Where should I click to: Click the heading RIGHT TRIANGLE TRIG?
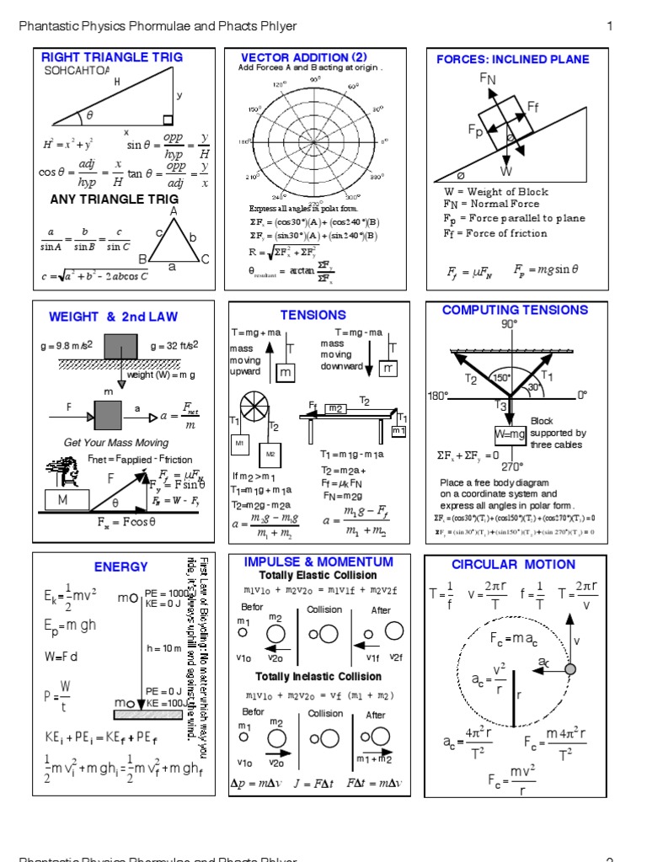111,57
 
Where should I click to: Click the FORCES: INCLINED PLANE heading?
512,59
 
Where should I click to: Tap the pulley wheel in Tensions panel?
254,407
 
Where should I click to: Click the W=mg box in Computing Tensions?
510,434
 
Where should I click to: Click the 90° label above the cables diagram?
510,324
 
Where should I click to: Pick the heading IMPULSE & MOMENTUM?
318,561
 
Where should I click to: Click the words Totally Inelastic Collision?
318,677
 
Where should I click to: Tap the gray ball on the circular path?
570,668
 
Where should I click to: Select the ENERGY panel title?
120,567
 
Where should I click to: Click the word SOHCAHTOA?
77,71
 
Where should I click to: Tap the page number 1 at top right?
609,26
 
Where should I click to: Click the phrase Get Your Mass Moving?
116,442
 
